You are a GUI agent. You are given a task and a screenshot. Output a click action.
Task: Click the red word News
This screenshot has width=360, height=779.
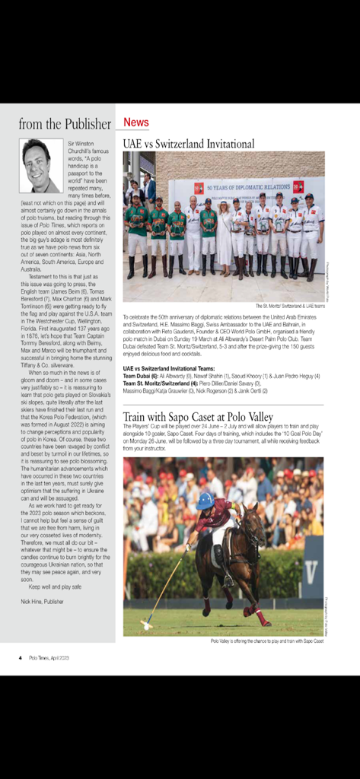(x=136, y=122)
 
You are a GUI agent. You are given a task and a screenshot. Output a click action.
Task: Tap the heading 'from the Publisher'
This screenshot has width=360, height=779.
(x=65, y=124)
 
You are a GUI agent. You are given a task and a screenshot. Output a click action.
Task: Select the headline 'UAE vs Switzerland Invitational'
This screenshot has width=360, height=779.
(x=189, y=143)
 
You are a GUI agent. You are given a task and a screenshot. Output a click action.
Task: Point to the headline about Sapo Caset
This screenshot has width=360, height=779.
(x=198, y=417)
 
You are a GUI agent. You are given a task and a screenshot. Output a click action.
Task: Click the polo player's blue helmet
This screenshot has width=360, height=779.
(x=205, y=501)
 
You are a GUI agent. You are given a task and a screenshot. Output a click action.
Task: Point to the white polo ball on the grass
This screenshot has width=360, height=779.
(x=143, y=626)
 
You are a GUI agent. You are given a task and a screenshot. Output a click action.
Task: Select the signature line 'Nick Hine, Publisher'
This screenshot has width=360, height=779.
(x=43, y=601)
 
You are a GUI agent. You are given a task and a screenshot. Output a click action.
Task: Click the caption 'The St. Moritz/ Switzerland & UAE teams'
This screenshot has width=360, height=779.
(x=282, y=305)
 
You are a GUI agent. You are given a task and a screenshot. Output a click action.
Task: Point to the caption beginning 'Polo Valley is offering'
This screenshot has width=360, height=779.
(x=267, y=641)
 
